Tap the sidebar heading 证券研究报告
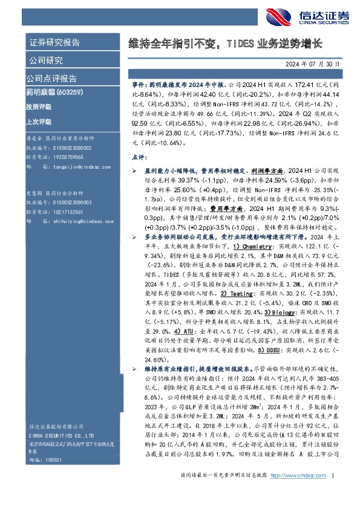pos(54,43)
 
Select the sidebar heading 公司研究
pos(45,60)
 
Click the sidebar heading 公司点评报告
pos(51,79)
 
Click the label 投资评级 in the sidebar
pos(39,106)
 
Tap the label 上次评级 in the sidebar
pos(39,121)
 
